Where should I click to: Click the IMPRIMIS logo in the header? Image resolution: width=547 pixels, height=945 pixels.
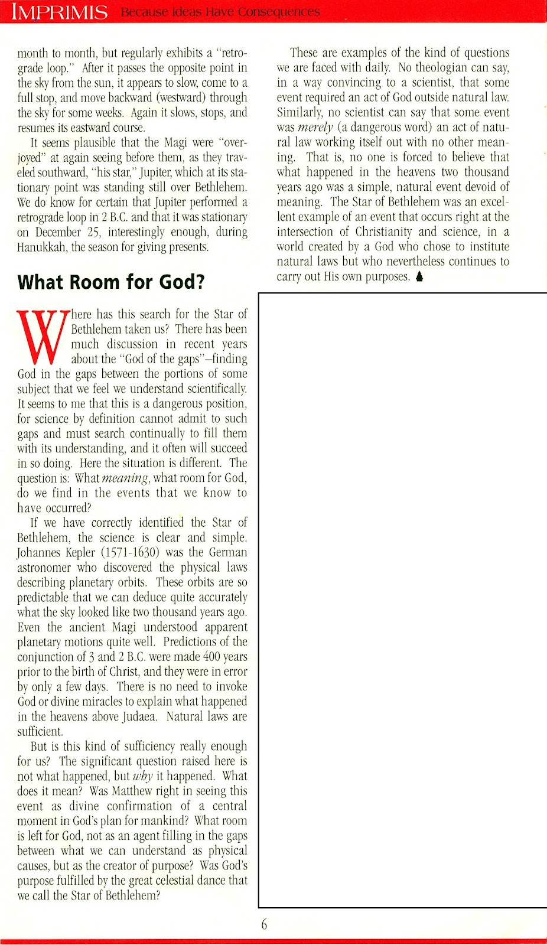tap(60, 12)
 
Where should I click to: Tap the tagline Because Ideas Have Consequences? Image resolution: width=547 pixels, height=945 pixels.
tap(220, 12)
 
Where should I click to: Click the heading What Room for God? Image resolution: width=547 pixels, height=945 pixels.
tap(111, 282)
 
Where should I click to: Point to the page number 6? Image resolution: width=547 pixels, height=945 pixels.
tap(264, 924)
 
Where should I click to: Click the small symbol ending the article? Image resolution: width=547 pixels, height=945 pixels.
tap(419, 276)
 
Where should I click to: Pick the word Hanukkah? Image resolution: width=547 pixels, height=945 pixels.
tap(41, 247)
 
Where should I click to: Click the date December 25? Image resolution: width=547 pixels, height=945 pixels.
tap(69, 232)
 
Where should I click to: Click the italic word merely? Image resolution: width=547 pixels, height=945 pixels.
tap(315, 127)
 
